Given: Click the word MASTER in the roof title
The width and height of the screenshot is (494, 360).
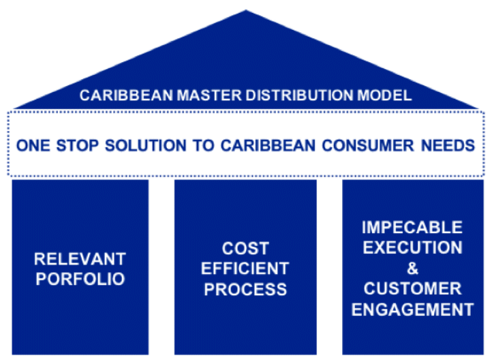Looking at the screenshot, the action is pyautogui.click(x=209, y=95).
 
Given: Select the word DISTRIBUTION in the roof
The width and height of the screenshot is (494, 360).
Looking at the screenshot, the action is pyautogui.click(x=300, y=95).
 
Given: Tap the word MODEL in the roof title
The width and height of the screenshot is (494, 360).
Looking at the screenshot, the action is pyautogui.click(x=384, y=95).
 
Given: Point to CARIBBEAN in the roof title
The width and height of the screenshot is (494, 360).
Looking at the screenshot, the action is pyautogui.click(x=126, y=95).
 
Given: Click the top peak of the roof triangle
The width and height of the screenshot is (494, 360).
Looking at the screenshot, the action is pyautogui.click(x=246, y=10).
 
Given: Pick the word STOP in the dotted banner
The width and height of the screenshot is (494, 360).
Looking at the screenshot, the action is pyautogui.click(x=77, y=146).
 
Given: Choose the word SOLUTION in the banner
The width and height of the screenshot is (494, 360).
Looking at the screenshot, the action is pyautogui.click(x=146, y=146).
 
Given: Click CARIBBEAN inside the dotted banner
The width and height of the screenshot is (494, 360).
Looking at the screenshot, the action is pyautogui.click(x=268, y=146).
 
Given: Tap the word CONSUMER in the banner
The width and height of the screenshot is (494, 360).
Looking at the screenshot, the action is pyautogui.click(x=368, y=146).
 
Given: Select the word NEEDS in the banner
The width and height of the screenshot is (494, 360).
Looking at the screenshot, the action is pyautogui.click(x=448, y=146).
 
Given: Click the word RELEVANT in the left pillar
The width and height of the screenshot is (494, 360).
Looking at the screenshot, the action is pyautogui.click(x=80, y=259).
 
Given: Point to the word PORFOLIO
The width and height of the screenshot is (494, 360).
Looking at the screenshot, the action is pyautogui.click(x=80, y=279).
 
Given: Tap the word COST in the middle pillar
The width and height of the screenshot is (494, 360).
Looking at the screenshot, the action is pyautogui.click(x=245, y=248).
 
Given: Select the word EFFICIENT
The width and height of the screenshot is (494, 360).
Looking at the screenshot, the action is pyautogui.click(x=245, y=269).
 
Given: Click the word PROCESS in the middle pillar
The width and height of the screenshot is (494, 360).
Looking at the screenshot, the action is pyautogui.click(x=245, y=289).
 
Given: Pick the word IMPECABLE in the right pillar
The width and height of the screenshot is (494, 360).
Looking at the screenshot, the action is pyautogui.click(x=412, y=227).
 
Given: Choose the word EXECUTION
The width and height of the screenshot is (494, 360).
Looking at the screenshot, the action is pyautogui.click(x=412, y=247).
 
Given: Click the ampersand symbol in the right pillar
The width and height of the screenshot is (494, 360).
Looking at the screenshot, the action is pyautogui.click(x=412, y=268).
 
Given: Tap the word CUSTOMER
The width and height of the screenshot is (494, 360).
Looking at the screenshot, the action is pyautogui.click(x=412, y=289).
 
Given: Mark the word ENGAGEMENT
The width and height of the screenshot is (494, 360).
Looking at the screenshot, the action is pyautogui.click(x=412, y=310).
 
